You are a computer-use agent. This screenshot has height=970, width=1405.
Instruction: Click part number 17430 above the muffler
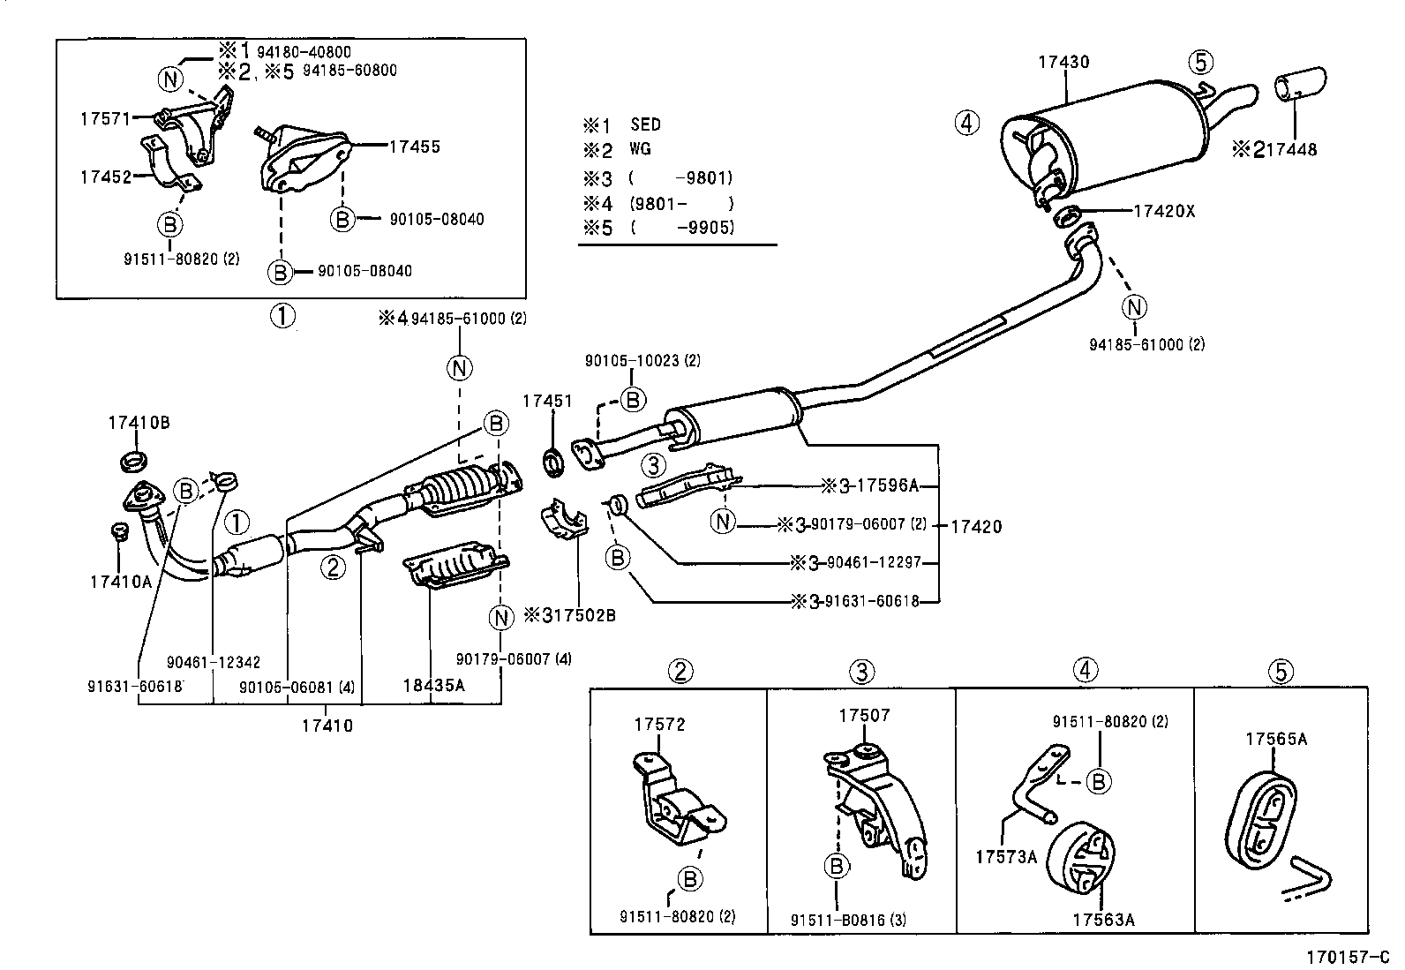point(1063,63)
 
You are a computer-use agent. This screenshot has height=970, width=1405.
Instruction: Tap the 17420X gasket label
point(1164,212)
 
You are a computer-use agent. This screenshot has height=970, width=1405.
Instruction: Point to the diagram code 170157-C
point(1348,957)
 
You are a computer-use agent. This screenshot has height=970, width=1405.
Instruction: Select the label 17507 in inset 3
point(864,716)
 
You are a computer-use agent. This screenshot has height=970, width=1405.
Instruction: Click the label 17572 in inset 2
point(658,725)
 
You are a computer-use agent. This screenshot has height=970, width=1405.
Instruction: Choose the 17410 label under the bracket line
point(327,726)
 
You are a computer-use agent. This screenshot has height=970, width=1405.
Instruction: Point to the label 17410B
point(139,423)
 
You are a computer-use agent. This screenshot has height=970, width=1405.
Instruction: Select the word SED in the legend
point(646,124)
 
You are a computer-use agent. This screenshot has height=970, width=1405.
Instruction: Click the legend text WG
point(641,149)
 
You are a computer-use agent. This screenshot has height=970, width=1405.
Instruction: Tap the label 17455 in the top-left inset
point(414,147)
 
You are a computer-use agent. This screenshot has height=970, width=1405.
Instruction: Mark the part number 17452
point(105,177)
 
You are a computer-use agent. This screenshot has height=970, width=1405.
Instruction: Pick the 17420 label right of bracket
point(976,527)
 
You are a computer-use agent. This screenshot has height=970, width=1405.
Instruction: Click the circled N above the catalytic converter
point(460,368)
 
